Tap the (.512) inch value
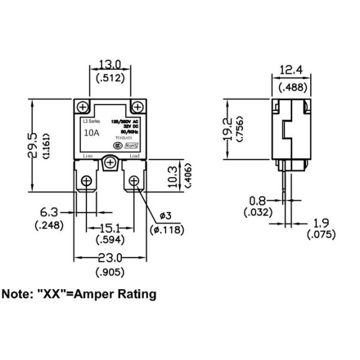[x=110, y=77]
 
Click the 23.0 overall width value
[x=110, y=259]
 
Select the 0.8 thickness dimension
[x=258, y=200]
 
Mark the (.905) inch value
[x=110, y=273]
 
